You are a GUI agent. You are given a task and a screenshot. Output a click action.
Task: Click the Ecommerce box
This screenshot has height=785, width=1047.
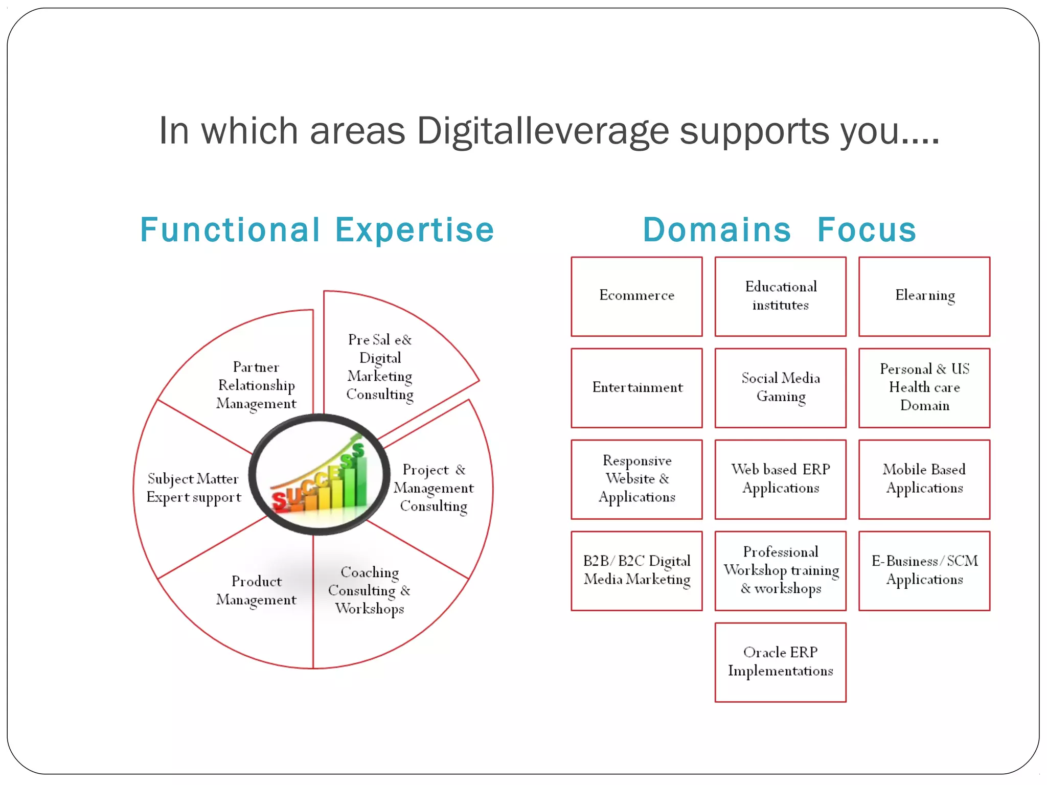pyautogui.click(x=636, y=296)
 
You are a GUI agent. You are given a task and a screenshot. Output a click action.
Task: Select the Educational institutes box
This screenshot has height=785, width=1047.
pyautogui.click(x=780, y=296)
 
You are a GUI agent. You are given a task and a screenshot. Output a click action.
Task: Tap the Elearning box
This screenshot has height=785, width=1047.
pyautogui.click(x=924, y=296)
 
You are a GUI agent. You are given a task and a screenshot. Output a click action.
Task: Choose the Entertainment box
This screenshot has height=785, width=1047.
pyautogui.click(x=636, y=388)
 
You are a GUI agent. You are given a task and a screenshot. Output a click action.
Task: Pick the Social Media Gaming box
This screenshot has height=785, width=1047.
pyautogui.click(x=780, y=388)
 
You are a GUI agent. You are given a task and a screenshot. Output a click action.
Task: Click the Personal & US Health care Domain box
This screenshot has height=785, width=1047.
pyautogui.click(x=924, y=388)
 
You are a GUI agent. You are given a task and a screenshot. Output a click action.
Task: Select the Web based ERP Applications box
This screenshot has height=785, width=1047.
pyautogui.click(x=780, y=479)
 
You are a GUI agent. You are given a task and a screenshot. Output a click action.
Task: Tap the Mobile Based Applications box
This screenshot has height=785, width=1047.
pyautogui.click(x=924, y=479)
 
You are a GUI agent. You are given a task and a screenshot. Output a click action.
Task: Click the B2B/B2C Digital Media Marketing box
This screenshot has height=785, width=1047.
pyautogui.click(x=636, y=571)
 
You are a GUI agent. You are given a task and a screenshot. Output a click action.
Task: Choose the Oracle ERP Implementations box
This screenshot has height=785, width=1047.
pyautogui.click(x=780, y=662)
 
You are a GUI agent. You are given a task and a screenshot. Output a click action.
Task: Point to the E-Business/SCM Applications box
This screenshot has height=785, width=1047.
pyautogui.click(x=924, y=571)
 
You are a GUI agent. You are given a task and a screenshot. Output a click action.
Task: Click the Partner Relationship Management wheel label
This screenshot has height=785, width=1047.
pyautogui.click(x=256, y=385)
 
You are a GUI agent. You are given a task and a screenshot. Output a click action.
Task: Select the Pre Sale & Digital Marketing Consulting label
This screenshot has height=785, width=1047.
pyautogui.click(x=380, y=367)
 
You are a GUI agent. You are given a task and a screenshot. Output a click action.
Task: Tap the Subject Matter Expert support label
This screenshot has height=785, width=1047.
pyautogui.click(x=194, y=488)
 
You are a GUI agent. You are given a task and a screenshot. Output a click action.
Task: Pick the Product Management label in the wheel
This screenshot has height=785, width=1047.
pyautogui.click(x=256, y=591)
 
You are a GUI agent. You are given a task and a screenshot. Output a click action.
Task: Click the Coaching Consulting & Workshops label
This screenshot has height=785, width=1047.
pyautogui.click(x=369, y=590)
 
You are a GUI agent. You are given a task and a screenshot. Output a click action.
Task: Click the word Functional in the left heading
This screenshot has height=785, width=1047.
pyautogui.click(x=230, y=230)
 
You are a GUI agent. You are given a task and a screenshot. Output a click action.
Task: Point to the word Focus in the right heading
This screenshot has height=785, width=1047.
pyautogui.click(x=867, y=230)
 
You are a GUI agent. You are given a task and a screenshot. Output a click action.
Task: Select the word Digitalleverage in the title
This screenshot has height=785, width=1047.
pyautogui.click(x=543, y=131)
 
